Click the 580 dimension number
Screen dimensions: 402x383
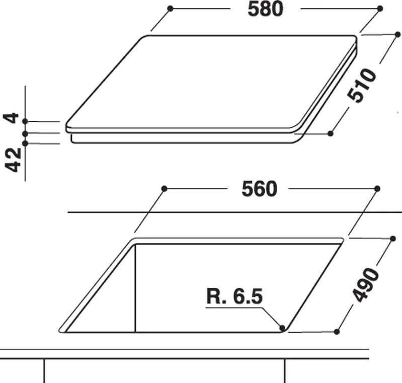tap(265, 9)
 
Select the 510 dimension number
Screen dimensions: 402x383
tap(362, 86)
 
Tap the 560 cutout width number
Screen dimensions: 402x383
tap(259, 189)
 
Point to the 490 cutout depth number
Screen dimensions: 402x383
tap(366, 284)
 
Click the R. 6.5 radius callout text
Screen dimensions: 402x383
tap(234, 296)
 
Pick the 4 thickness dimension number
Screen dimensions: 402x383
tap(11, 118)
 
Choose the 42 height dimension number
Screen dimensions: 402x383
tap(13, 160)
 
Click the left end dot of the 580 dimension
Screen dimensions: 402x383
tap(170, 9)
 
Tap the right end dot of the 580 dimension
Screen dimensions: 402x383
tap(380, 9)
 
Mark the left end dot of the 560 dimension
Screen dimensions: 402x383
tap(165, 189)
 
